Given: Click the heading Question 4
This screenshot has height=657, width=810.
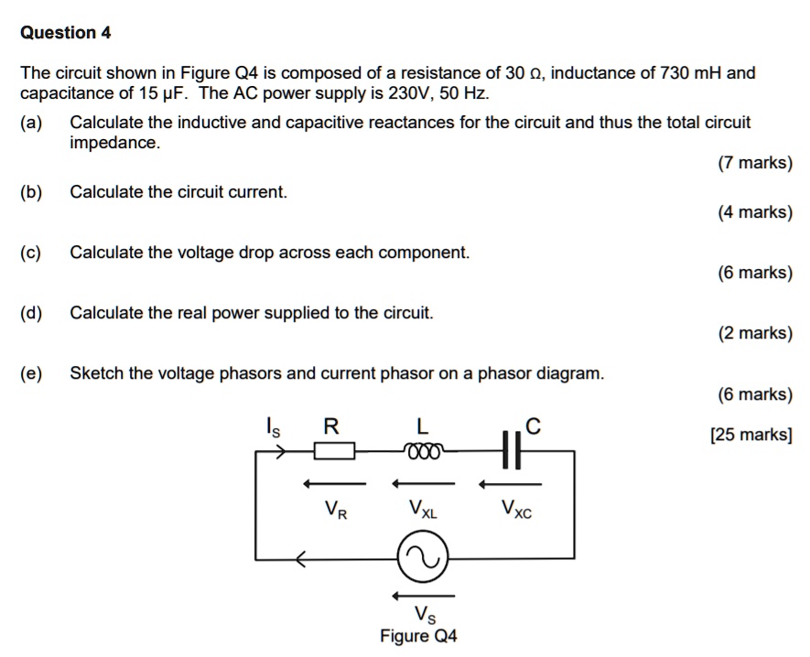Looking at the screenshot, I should (66, 33).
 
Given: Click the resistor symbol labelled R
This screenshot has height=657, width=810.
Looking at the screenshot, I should (335, 450).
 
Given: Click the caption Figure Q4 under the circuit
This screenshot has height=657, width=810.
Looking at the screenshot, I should (419, 637).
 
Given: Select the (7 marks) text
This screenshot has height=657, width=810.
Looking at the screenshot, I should (755, 164).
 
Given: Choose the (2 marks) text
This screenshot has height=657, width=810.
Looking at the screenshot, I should (755, 333).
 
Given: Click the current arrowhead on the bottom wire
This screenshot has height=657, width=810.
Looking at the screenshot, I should (299, 557).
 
